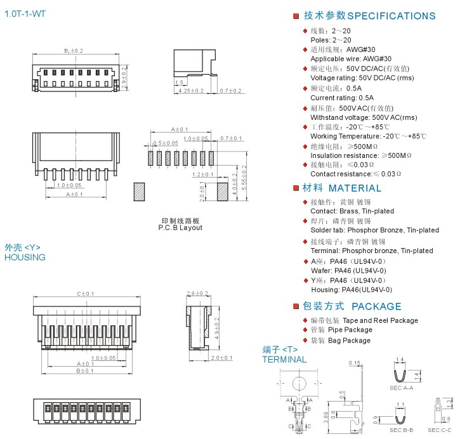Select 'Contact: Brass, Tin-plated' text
click(352, 211)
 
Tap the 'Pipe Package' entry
click(350, 330)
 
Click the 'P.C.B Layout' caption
click(180, 227)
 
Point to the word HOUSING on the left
click(25, 257)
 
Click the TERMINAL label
click(284, 360)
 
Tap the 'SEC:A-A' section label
click(401, 387)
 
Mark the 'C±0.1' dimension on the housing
click(85, 294)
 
